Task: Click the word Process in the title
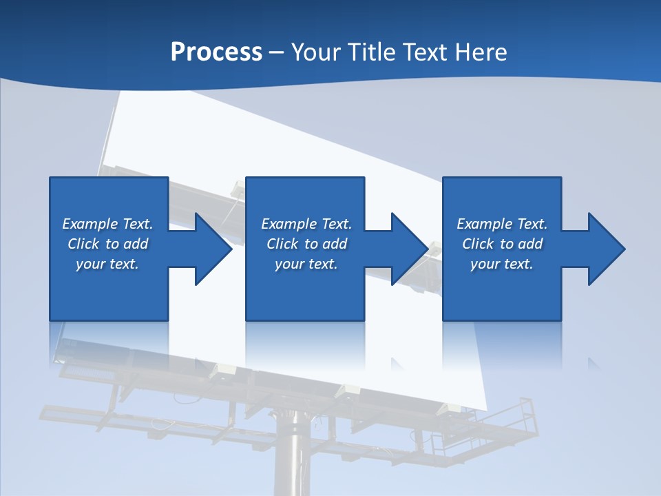(216, 52)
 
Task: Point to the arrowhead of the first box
(210, 249)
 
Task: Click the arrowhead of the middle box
(406, 249)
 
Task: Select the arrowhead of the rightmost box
(603, 249)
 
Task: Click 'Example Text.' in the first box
(107, 224)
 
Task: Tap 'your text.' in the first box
(107, 264)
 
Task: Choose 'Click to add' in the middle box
(306, 244)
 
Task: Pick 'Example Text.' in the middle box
(306, 224)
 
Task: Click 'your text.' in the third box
(502, 264)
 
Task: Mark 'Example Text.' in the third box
(502, 224)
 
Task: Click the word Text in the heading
(425, 52)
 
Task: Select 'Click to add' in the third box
(502, 244)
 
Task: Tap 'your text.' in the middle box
(306, 264)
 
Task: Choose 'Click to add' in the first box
(107, 244)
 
